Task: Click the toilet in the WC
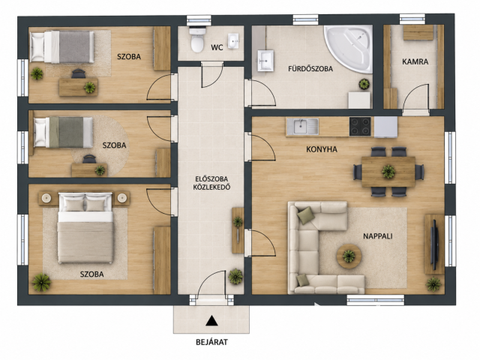[197, 40]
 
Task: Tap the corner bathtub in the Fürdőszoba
[350, 47]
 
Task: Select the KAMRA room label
[415, 61]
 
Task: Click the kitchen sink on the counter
[302, 127]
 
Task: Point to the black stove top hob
[360, 127]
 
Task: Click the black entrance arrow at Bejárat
[211, 321]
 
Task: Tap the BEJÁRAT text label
[211, 342]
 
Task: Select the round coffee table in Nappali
[349, 256]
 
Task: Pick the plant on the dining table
[388, 172]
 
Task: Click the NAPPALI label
[378, 236]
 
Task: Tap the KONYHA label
[322, 149]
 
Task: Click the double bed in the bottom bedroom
[85, 227]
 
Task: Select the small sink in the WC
[233, 41]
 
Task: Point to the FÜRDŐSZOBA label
[310, 69]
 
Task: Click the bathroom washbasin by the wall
[265, 61]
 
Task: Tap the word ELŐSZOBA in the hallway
[211, 179]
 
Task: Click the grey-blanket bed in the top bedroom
[62, 46]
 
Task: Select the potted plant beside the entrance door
[235, 276]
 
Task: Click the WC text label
[217, 48]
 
